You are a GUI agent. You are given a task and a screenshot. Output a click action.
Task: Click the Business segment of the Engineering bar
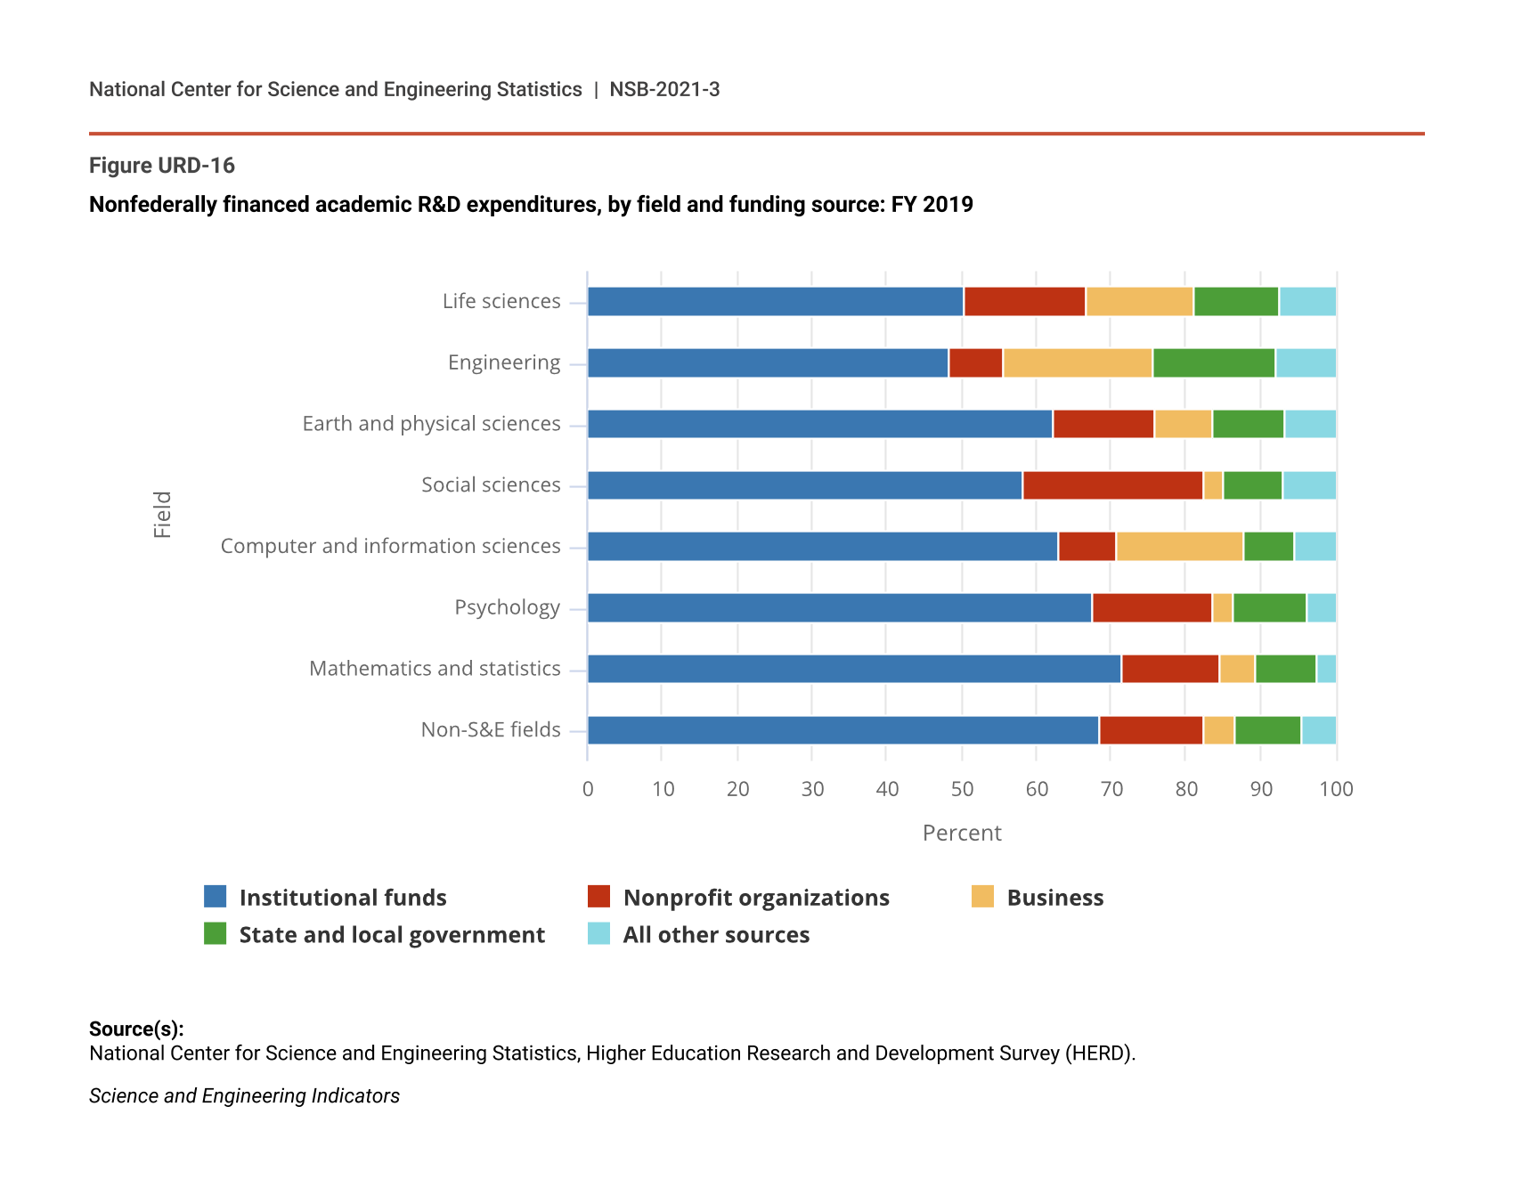click(x=1078, y=363)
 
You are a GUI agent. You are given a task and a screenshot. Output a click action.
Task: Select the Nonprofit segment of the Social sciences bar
click(x=1113, y=485)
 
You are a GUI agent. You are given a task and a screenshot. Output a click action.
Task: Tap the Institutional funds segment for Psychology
click(x=840, y=608)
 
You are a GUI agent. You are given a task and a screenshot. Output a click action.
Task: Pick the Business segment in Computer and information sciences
click(x=1180, y=547)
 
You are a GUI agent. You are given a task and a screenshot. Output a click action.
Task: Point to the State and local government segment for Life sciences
click(x=1236, y=302)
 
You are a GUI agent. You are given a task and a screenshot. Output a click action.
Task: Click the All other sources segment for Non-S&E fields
click(x=1319, y=730)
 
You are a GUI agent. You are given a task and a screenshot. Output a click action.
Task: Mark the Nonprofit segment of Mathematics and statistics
click(x=1170, y=669)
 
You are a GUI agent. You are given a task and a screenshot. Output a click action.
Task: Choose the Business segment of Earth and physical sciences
click(x=1184, y=424)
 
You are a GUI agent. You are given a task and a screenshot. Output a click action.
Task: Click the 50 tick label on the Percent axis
click(x=962, y=789)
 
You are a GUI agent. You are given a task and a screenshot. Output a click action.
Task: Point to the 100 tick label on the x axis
click(x=1336, y=789)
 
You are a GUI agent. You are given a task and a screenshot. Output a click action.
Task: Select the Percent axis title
click(x=962, y=834)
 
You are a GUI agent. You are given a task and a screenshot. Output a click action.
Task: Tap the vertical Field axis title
click(x=162, y=515)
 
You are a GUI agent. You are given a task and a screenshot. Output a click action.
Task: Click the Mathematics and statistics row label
click(x=435, y=669)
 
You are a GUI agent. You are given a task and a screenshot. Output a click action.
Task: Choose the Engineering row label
click(x=504, y=363)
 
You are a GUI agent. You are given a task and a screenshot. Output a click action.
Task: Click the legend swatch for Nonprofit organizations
click(x=599, y=897)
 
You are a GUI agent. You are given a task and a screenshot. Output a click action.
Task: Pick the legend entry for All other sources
click(x=716, y=935)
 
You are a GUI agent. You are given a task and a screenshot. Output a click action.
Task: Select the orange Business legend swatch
click(x=982, y=897)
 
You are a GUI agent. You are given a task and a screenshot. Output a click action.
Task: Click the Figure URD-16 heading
click(x=162, y=166)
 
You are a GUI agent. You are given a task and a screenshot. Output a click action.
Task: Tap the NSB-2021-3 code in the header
click(x=664, y=90)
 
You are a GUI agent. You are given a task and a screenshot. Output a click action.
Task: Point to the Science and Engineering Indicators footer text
click(x=244, y=1096)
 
